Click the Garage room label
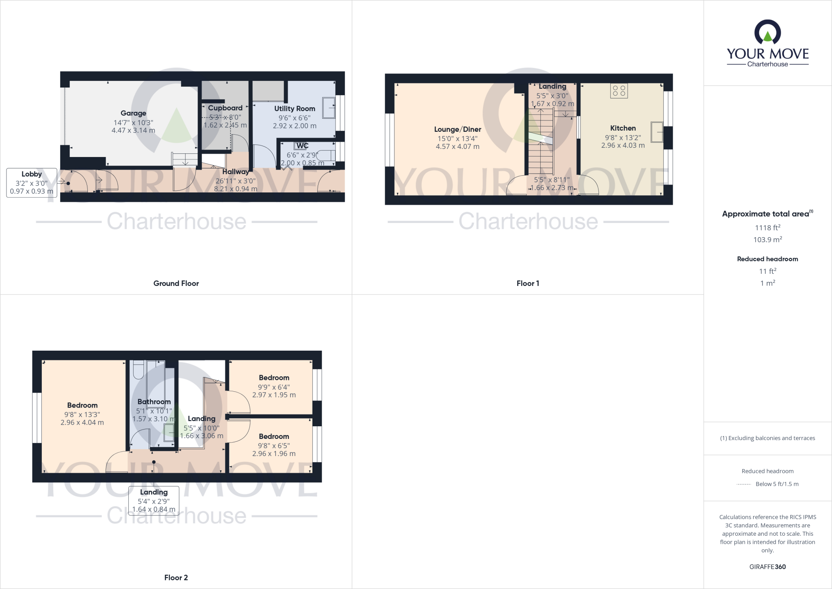point(133,113)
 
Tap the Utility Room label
point(295,109)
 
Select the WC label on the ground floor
point(302,146)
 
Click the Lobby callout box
point(32,183)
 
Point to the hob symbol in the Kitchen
point(619,91)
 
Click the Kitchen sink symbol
point(656,132)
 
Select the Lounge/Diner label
point(457,129)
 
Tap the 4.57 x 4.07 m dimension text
point(457,146)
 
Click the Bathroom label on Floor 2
point(154,402)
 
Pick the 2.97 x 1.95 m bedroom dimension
point(274,395)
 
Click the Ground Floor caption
point(176,284)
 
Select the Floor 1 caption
point(528,284)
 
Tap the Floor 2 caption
point(176,578)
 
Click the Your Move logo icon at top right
point(767,33)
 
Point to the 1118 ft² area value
point(767,228)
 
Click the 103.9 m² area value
point(767,240)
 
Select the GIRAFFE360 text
point(767,567)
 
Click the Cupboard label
point(225,108)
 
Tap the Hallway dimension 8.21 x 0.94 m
point(236,189)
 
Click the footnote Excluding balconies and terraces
point(767,438)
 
